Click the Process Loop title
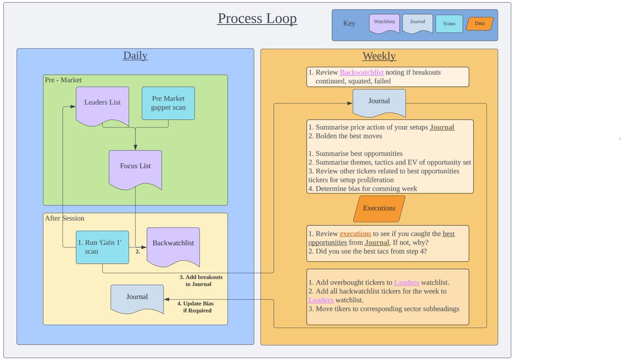[257, 19]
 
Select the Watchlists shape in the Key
[384, 23]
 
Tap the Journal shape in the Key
[417, 23]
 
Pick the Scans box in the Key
[449, 24]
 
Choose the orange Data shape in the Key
[480, 24]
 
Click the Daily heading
[135, 56]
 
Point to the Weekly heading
[379, 56]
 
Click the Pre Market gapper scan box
[168, 103]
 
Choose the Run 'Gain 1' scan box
[102, 247]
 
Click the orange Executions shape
[379, 208]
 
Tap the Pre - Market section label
[63, 80]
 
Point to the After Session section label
[65, 218]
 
